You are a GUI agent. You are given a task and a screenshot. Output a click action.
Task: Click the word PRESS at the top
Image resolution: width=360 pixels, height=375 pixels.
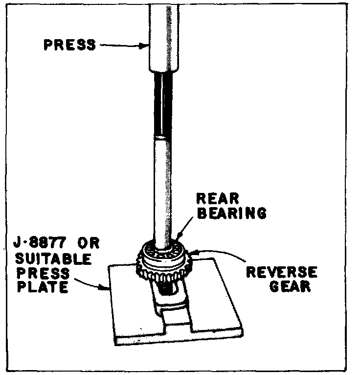70,45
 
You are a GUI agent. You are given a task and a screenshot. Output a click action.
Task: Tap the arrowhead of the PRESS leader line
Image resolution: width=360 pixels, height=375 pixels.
147,47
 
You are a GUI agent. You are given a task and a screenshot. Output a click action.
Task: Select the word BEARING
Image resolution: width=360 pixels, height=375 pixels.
231,213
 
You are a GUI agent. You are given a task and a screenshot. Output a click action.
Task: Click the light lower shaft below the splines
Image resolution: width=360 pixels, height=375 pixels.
164,186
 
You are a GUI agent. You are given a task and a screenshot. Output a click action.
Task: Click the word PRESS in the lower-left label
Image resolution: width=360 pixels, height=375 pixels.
36,272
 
